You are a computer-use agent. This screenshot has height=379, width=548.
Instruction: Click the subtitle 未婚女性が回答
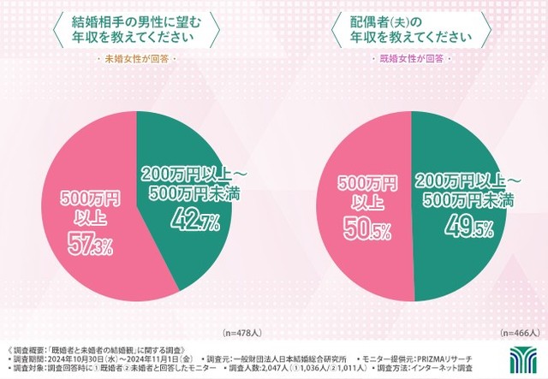tap(138, 59)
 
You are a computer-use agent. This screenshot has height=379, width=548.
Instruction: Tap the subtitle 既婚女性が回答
tap(412, 59)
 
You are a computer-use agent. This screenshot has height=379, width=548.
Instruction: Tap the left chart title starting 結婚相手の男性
tap(138, 27)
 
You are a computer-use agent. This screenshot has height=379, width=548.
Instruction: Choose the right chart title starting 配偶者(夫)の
tap(412, 27)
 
